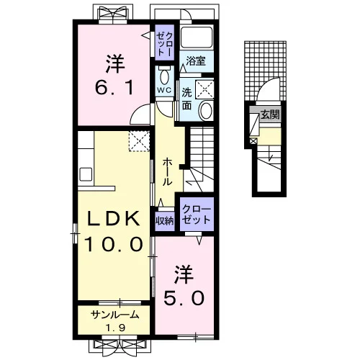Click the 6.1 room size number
click(114, 88)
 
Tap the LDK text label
click(113, 218)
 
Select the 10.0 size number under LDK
click(113, 244)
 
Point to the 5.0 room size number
click(184, 298)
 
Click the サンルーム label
click(115, 315)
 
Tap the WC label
click(164, 90)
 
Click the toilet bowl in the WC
click(164, 76)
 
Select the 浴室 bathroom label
click(196, 61)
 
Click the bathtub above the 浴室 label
click(197, 37)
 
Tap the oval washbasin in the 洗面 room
click(206, 110)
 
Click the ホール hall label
click(167, 172)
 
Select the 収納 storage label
click(165, 220)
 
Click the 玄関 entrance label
click(271, 115)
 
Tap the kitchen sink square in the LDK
click(86, 174)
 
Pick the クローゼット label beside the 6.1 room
click(165, 44)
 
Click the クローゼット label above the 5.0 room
click(197, 215)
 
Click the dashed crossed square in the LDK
click(139, 141)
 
